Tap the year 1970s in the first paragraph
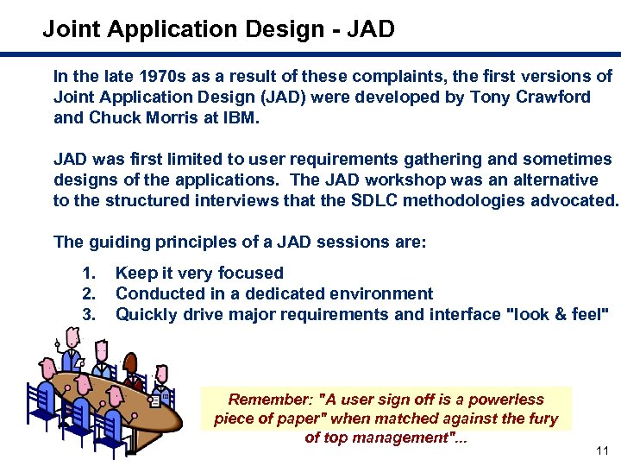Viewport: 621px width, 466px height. (148, 77)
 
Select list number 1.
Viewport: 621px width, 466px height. (89, 274)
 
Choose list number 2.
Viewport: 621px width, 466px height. (89, 294)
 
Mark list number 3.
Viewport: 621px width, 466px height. (89, 315)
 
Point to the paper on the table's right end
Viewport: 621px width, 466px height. (154, 400)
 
